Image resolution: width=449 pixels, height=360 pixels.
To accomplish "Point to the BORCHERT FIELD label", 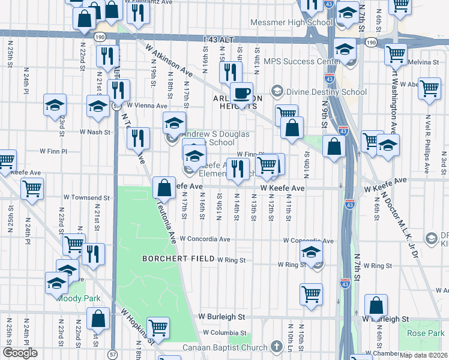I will [x=178, y=259].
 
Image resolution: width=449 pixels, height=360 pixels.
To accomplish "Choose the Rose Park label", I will [x=425, y=333].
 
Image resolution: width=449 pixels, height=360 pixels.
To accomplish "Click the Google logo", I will [x=20, y=353].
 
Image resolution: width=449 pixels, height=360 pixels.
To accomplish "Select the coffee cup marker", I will [x=241, y=94].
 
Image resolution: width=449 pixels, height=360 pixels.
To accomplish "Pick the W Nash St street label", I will [x=96, y=131].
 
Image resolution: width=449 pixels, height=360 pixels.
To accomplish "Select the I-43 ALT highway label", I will [x=217, y=39].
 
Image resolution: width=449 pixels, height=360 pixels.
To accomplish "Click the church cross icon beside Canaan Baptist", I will [x=276, y=347].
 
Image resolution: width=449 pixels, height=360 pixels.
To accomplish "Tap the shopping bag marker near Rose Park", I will [x=376, y=306].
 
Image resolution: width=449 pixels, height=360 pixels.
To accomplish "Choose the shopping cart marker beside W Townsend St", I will [x=32, y=188].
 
